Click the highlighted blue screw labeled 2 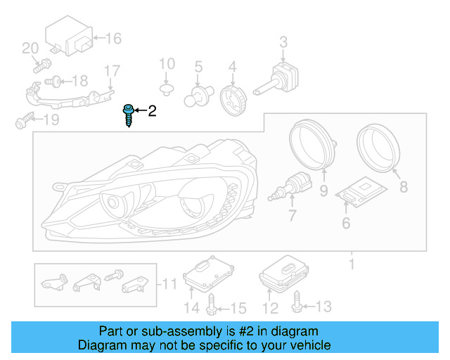[x=129, y=115]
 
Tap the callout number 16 [x=113, y=38]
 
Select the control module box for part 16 [x=68, y=39]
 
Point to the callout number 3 [x=283, y=41]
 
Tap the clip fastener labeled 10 [x=166, y=90]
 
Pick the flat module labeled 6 [x=361, y=191]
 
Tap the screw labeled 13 [x=296, y=303]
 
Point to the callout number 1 [x=352, y=265]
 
